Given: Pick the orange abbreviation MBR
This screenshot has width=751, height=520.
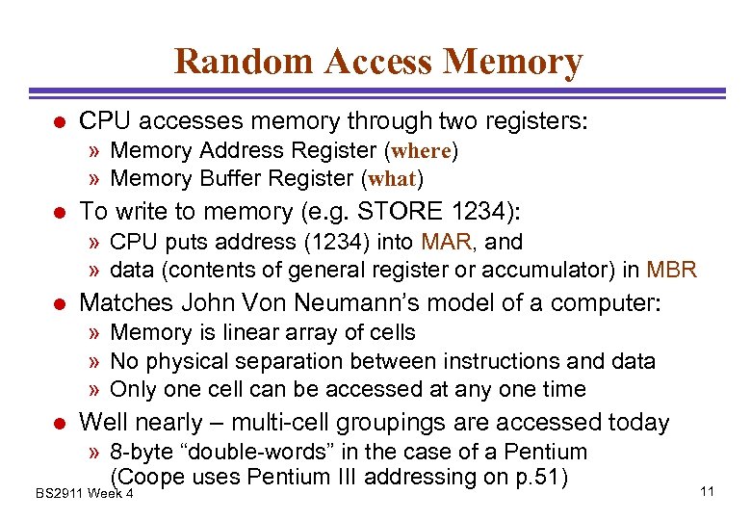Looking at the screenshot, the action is (672, 270).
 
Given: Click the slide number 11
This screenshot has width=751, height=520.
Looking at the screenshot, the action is (707, 492).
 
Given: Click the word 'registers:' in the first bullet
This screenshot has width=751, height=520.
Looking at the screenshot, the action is (537, 121).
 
